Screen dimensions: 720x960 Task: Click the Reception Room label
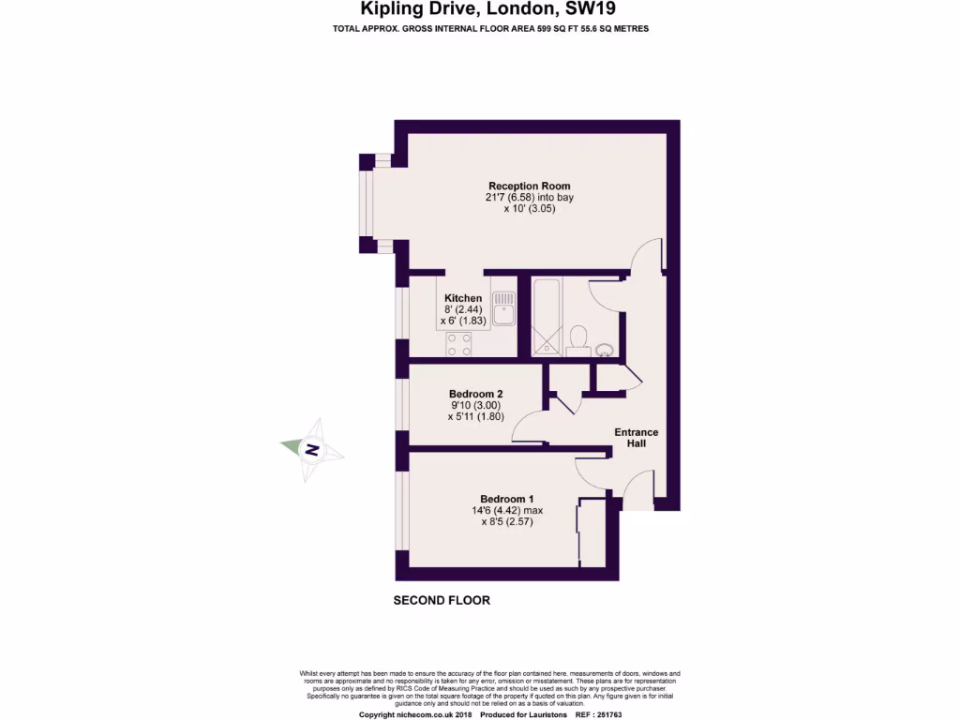pos(529,186)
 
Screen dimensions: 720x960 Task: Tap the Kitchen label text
pos(463,298)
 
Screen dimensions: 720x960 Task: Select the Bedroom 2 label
pos(476,393)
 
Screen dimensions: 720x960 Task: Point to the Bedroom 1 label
pos(507,498)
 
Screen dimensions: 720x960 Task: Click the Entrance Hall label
pos(636,438)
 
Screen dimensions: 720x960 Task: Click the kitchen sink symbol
pos(504,307)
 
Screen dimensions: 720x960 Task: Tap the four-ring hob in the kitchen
pos(459,344)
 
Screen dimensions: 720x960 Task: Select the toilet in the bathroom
pos(578,337)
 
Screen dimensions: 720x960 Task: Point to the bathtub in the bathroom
pos(545,317)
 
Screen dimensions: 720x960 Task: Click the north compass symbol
pos(312,450)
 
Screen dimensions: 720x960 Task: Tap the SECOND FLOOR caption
pos(441,600)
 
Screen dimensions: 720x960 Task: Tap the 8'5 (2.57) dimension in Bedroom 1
pos(507,522)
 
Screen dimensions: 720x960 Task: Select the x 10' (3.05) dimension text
pos(529,210)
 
